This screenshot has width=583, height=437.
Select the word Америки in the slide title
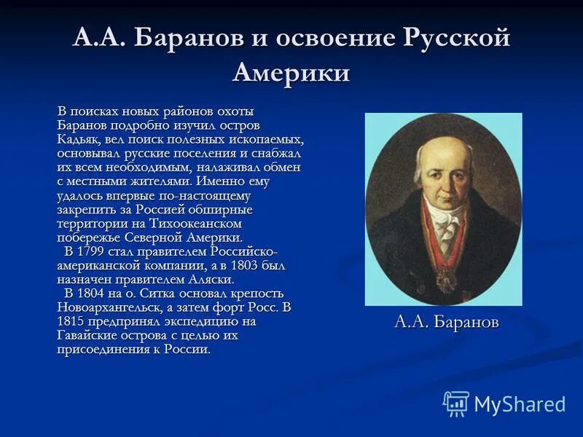(291, 72)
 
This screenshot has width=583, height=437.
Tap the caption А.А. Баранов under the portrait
(446, 322)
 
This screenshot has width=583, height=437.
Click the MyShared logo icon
(455, 403)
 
